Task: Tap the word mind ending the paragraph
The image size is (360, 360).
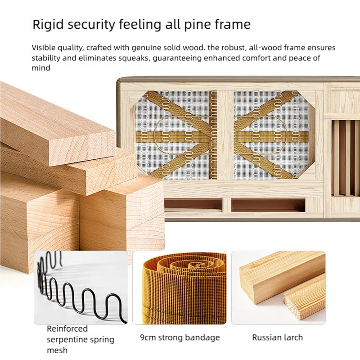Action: pos(41,68)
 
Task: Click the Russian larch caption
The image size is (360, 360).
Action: pos(277,337)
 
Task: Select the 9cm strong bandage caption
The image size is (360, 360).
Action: pos(180,337)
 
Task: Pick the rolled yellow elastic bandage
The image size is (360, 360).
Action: pos(180,288)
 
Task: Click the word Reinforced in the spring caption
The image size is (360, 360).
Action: pos(67,329)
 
